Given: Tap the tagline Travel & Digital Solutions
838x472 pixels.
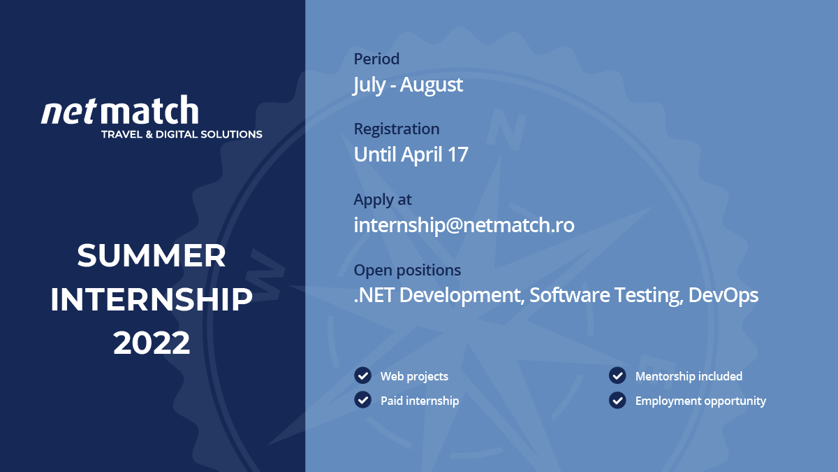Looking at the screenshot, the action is (x=182, y=134).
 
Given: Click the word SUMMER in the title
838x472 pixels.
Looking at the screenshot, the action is (x=152, y=255).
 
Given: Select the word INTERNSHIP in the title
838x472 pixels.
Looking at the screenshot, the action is (x=152, y=299).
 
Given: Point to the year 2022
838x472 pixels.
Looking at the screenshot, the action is (x=152, y=343).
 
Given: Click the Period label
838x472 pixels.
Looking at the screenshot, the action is (x=376, y=59).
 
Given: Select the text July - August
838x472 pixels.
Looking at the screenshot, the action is (x=408, y=85).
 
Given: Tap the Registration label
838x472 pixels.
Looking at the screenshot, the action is (x=397, y=129).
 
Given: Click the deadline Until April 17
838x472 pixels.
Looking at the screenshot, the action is (x=411, y=155).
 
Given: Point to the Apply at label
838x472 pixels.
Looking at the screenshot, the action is (x=383, y=200).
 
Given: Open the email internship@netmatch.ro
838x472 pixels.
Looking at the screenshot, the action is (x=464, y=225).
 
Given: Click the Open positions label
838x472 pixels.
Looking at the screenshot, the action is (x=407, y=270).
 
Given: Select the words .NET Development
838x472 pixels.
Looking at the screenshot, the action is (x=439, y=295).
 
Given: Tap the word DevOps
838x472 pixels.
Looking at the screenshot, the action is (x=723, y=295).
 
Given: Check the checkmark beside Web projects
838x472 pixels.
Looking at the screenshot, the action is (x=362, y=376).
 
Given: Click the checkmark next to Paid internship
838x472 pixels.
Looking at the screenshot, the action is (x=362, y=400).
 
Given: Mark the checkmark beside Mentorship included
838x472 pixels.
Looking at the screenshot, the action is (x=617, y=376).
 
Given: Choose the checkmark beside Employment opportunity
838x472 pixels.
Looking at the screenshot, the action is (x=617, y=400).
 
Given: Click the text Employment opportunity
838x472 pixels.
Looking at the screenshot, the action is (x=700, y=401).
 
